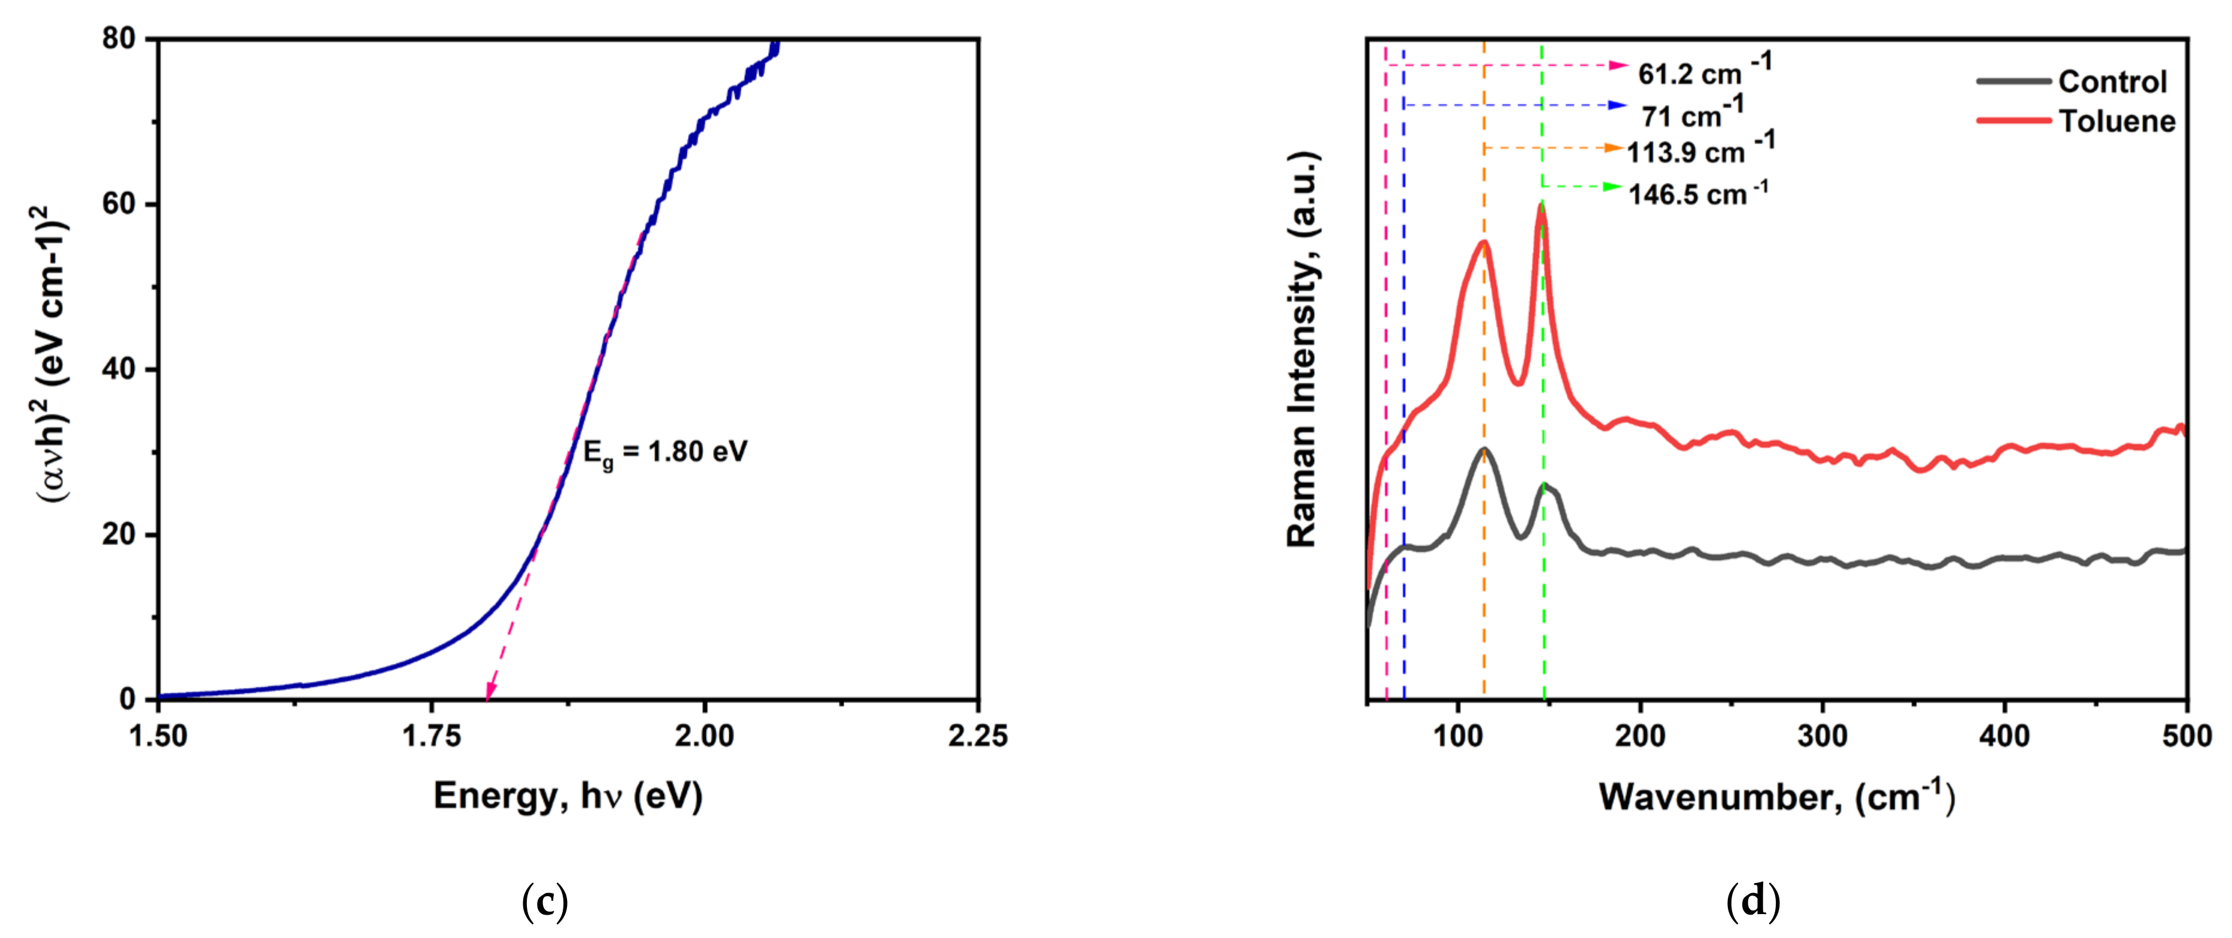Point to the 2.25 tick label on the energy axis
(978, 736)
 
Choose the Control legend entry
(2112, 81)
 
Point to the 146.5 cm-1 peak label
(1697, 192)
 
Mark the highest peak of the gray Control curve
(1484, 450)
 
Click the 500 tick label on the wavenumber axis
(2186, 736)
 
